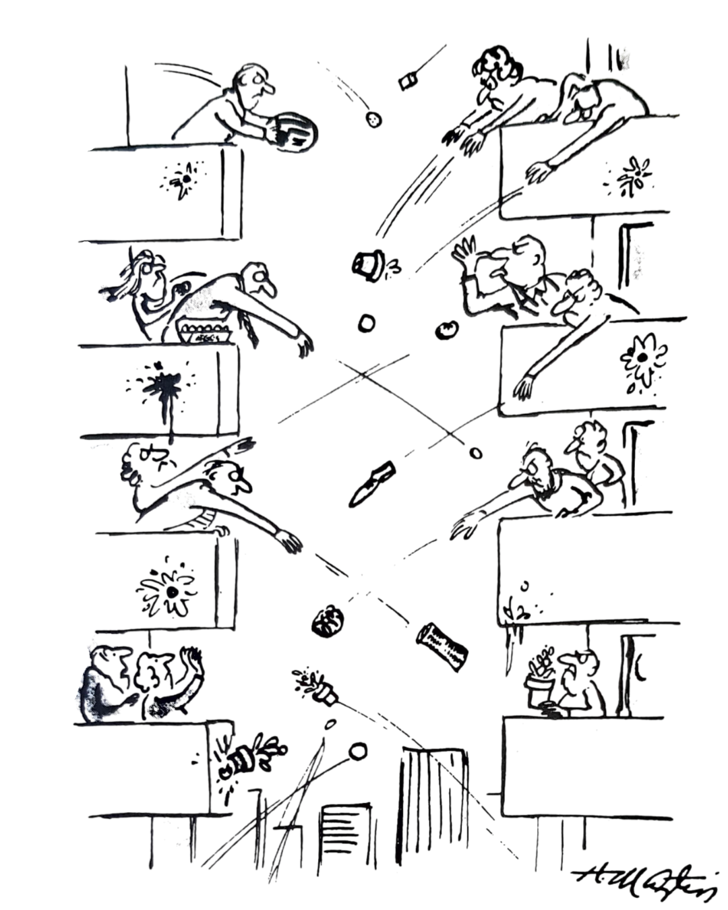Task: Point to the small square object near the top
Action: point(407,82)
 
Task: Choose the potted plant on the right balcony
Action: point(541,674)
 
